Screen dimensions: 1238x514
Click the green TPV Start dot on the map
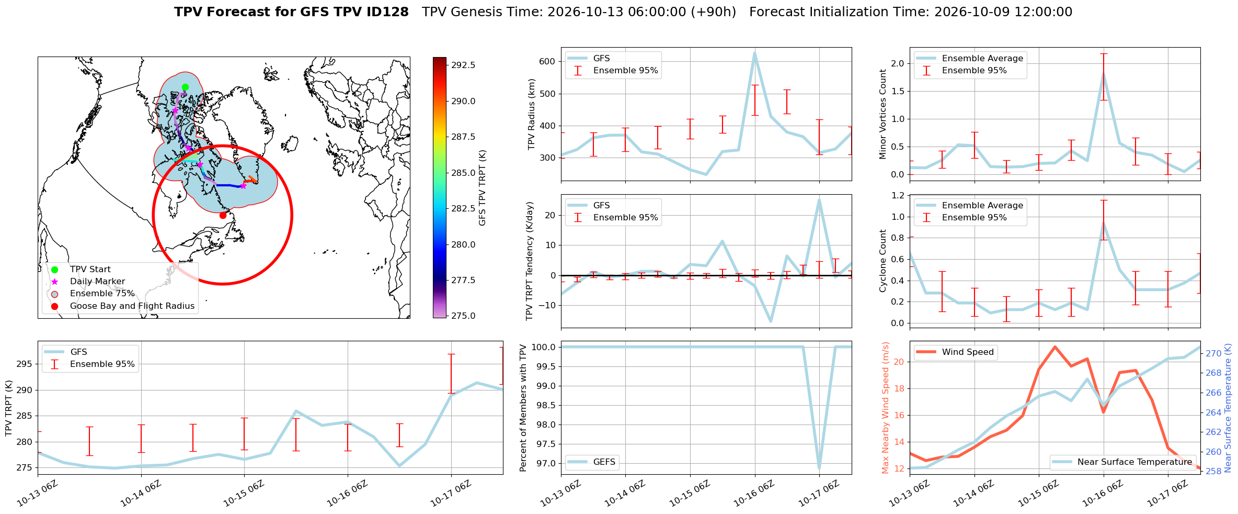coord(185,87)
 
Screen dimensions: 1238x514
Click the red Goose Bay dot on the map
coord(223,215)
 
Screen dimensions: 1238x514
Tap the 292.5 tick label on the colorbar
coord(463,65)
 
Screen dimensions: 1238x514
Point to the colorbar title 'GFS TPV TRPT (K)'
coord(482,188)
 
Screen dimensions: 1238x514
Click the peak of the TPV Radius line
coord(754,53)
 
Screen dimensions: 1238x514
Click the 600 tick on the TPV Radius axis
coord(547,62)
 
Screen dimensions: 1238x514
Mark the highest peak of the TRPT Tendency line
coord(819,200)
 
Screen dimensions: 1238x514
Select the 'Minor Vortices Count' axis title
coord(882,114)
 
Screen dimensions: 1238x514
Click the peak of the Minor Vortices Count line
coord(1104,74)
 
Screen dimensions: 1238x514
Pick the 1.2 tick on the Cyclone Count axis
coord(897,195)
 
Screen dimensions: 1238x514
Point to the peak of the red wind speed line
coord(1055,347)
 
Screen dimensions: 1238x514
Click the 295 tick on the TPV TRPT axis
coord(24,364)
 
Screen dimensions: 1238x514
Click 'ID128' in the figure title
coord(386,12)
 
